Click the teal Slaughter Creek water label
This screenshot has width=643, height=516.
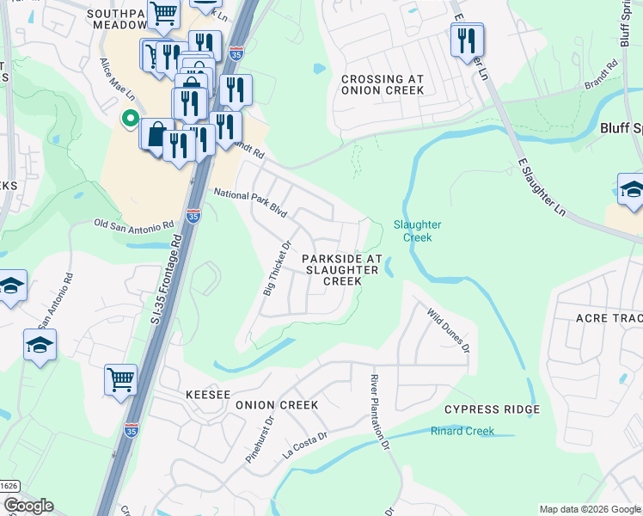(417, 230)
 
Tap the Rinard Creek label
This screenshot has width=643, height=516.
(462, 431)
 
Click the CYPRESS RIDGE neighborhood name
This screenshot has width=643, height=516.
(492, 409)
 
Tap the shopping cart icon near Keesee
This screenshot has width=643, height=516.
(120, 379)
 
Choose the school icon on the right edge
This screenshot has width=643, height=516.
(631, 189)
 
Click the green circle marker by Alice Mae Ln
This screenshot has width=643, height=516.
(130, 120)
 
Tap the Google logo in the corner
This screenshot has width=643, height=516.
(28, 506)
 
